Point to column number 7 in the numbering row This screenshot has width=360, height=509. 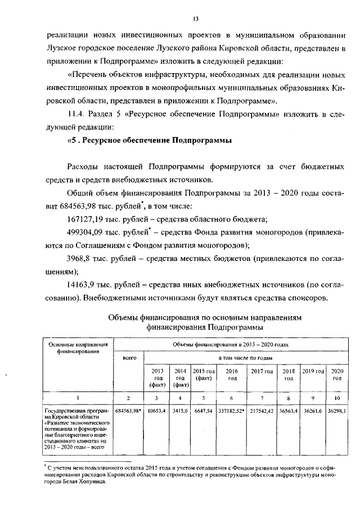point(262,398)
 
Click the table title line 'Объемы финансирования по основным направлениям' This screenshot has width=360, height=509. point(205,317)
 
